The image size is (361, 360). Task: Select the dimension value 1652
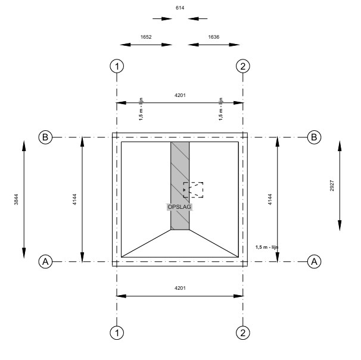tap(146, 37)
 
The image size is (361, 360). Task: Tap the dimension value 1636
tap(213, 37)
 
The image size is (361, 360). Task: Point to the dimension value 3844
tap(15, 200)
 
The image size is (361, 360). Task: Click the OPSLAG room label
tap(179, 206)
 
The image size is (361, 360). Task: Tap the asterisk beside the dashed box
tap(184, 190)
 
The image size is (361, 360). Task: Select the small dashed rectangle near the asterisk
tap(194, 189)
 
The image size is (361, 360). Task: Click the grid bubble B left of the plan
tap(45, 137)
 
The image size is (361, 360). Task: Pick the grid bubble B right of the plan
tap(314, 137)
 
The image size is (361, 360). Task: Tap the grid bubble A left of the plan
tap(45, 261)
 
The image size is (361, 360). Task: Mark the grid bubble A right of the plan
tap(314, 261)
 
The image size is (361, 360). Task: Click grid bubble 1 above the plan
tap(117, 66)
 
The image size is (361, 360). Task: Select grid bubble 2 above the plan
tap(242, 66)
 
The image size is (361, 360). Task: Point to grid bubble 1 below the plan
tap(117, 333)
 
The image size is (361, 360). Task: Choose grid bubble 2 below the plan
tap(242, 333)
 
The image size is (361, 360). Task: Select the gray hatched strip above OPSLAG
tap(180, 173)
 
